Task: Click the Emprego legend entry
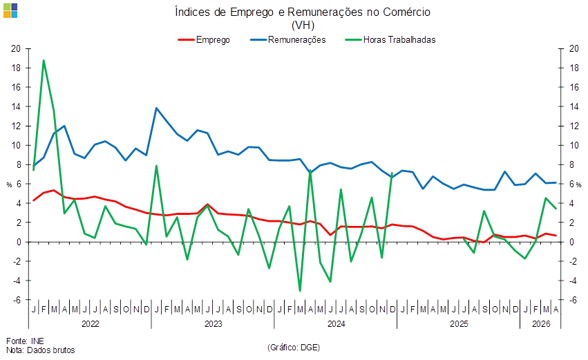pyautogui.click(x=204, y=40)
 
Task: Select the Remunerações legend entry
pyautogui.click(x=288, y=40)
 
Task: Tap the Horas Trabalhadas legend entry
pyautogui.click(x=390, y=40)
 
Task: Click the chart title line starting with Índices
pyautogui.click(x=303, y=12)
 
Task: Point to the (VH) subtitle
pyautogui.click(x=303, y=25)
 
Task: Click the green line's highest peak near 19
pyautogui.click(x=44, y=60)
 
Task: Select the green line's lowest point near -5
pyautogui.click(x=300, y=291)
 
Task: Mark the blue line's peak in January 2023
pyautogui.click(x=156, y=108)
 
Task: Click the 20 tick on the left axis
pyautogui.click(x=16, y=48)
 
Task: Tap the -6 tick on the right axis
pyautogui.click(x=573, y=300)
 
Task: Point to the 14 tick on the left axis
pyautogui.click(x=16, y=106)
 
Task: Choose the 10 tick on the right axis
pyautogui.click(x=574, y=145)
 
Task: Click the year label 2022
pyautogui.click(x=91, y=323)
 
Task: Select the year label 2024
pyautogui.click(x=336, y=323)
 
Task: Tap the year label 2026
pyautogui.click(x=541, y=323)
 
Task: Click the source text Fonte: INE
pyautogui.click(x=25, y=341)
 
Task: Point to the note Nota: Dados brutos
pyautogui.click(x=41, y=350)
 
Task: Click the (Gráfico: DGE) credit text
pyautogui.click(x=294, y=348)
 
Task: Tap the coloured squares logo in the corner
pyautogui.click(x=10, y=10)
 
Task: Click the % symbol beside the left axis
pyautogui.click(x=9, y=185)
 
